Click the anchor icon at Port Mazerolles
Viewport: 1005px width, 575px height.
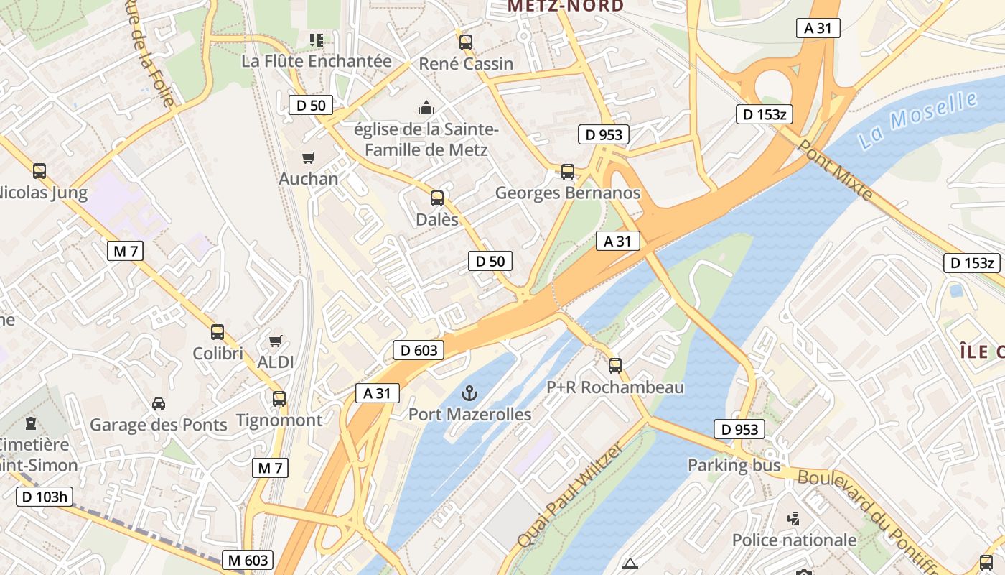coord(469,393)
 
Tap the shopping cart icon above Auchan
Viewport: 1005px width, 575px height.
coord(309,157)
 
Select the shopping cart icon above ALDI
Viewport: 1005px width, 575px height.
coord(276,341)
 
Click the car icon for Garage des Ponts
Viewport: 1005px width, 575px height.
coord(159,403)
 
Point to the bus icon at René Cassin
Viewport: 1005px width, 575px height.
coord(466,42)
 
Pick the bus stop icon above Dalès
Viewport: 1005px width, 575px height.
coord(436,198)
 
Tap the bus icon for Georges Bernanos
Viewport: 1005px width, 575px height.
coord(568,172)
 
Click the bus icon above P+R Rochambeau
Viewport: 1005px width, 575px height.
coord(615,365)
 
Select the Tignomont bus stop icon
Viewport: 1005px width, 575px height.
coord(279,398)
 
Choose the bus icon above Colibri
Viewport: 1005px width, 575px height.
coord(218,332)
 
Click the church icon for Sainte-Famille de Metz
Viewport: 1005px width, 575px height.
coord(426,109)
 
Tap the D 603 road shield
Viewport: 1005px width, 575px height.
coord(419,351)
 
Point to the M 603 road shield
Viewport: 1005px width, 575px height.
coord(248,560)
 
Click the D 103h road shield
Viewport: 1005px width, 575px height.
coord(45,497)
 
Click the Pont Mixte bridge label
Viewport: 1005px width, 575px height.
coord(835,170)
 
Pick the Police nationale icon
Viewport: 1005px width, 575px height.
coord(794,518)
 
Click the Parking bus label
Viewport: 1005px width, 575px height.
coord(734,465)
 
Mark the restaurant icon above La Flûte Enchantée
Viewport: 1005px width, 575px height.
coord(316,40)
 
